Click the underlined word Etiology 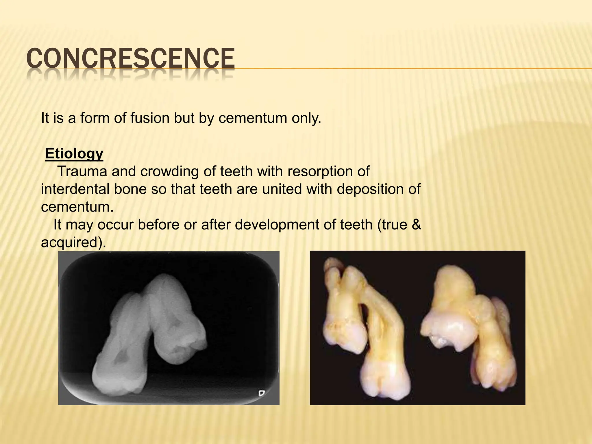point(74,153)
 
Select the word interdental point(75,189)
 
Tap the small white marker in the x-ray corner point(261,393)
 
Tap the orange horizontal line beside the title point(405,69)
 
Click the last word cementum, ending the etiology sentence point(77,207)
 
